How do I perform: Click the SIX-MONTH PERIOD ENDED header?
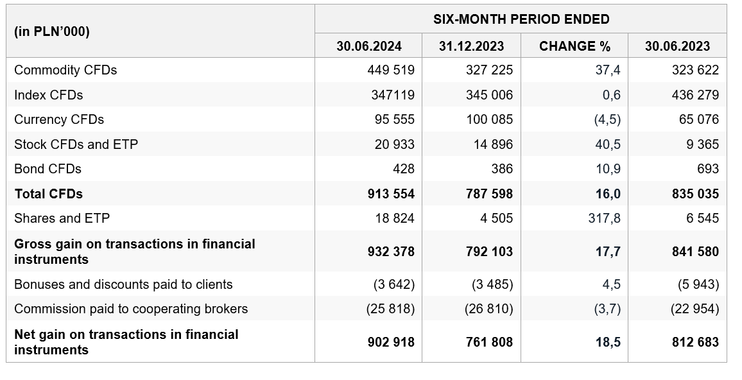point(521,19)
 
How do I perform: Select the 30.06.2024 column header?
point(368,46)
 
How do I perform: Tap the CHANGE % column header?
point(574,46)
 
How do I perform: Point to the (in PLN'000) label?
point(51,31)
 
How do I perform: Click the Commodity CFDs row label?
point(65,70)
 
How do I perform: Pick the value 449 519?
point(391,70)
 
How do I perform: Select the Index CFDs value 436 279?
point(695,94)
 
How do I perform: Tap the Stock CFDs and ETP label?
point(76,144)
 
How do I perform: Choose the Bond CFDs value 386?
point(502,169)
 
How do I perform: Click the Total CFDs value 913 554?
point(391,194)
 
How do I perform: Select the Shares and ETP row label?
point(62,218)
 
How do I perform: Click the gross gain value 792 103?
point(489,251)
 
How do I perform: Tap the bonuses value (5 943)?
point(695,284)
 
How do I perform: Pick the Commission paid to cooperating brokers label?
point(131,309)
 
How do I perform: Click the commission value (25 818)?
point(390,309)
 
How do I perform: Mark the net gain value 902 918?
point(391,341)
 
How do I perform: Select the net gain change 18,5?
point(608,341)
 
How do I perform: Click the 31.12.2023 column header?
point(471,46)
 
